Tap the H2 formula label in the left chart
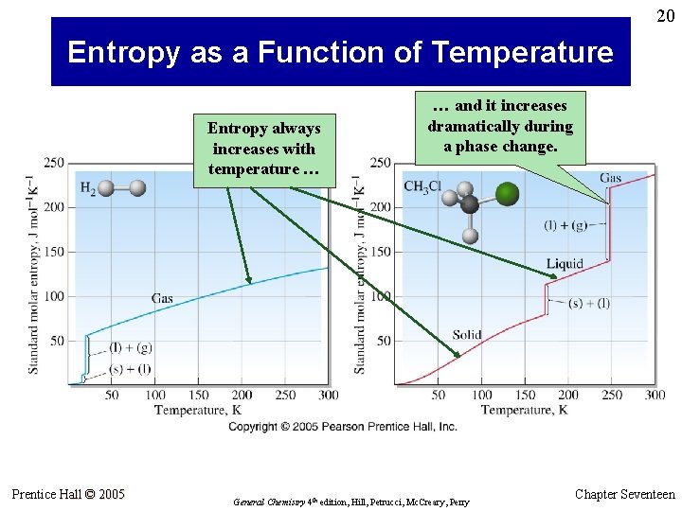pos(86,189)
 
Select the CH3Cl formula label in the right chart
pos(423,185)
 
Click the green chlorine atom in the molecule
pos(508,194)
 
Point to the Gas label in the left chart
pos(162,298)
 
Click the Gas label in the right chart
pos(610,177)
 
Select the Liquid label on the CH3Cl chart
pos(565,263)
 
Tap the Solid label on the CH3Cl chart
pos(467,335)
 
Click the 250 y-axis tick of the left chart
pos(53,163)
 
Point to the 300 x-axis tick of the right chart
pos(655,395)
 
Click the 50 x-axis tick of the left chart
pos(112,395)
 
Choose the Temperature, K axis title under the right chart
pos(524,410)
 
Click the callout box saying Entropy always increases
pos(264,149)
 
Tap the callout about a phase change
pos(500,126)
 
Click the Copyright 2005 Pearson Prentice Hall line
pos(342,427)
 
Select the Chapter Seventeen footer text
pos(624,494)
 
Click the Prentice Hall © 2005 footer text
pos(67,494)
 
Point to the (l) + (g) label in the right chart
pos(565,225)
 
